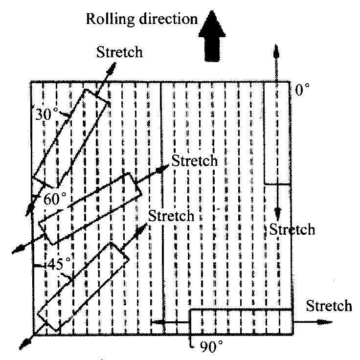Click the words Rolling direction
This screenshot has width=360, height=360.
(141, 20)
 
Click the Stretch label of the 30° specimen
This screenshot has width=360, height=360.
(119, 51)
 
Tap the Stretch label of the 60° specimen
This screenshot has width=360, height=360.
(195, 161)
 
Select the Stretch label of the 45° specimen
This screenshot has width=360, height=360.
(171, 215)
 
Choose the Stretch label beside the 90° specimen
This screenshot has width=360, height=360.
(329, 306)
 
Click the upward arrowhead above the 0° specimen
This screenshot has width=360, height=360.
(277, 50)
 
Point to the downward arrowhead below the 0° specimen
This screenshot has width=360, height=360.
(277, 213)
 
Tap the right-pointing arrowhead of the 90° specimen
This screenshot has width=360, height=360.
(326, 322)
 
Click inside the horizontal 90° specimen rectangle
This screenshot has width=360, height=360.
(241, 322)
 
